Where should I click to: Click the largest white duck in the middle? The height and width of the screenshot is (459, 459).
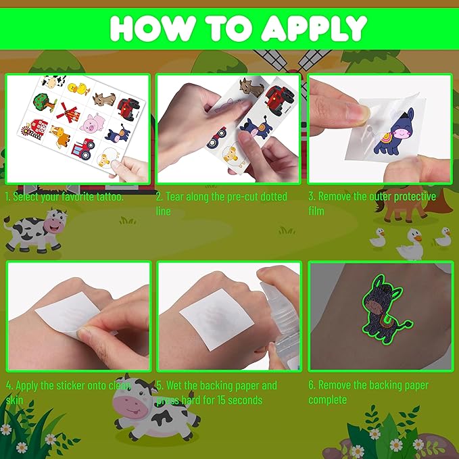click(410, 244)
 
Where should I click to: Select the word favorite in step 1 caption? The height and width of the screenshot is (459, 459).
click(74, 197)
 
